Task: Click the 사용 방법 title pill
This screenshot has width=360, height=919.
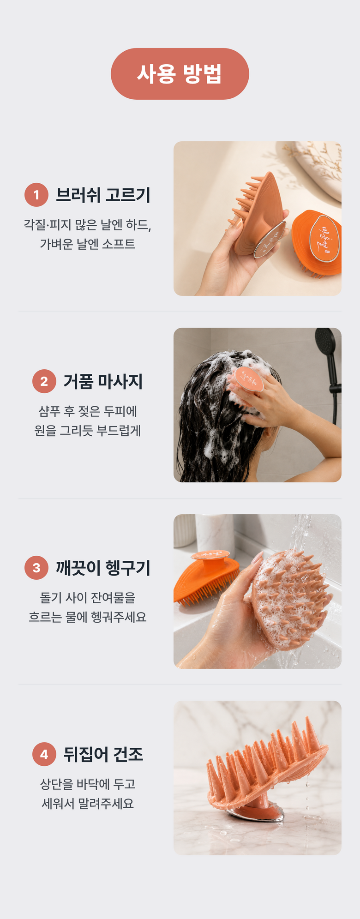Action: [180, 74]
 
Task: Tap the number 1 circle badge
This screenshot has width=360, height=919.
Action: [36, 195]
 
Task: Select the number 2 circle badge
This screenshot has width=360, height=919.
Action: [44, 381]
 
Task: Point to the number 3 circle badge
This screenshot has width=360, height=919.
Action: [36, 568]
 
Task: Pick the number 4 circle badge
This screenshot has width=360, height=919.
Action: [44, 754]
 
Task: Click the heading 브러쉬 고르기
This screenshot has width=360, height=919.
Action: [103, 195]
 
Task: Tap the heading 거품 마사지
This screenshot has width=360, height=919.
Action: [103, 381]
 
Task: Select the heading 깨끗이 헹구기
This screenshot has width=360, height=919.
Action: [103, 568]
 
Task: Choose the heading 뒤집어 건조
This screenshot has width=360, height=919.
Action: [103, 754]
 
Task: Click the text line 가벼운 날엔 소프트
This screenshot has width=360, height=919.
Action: [88, 244]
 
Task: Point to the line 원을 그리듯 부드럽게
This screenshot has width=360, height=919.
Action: [88, 430]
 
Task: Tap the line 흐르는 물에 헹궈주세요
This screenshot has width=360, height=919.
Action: [88, 617]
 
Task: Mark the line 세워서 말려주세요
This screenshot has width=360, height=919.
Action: [88, 804]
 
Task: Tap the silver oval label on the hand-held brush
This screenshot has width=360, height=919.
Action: [270, 238]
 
